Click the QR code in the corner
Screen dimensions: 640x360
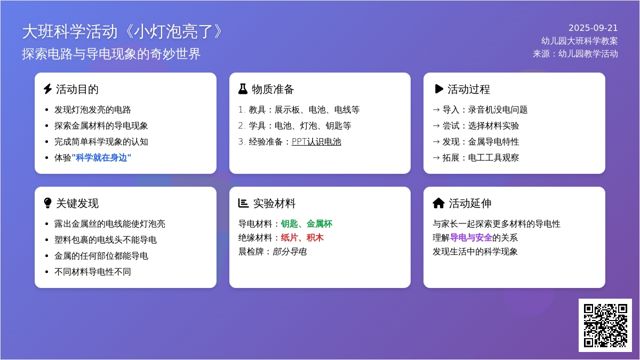click(x=605, y=325)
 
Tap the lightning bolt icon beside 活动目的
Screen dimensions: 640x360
click(x=47, y=89)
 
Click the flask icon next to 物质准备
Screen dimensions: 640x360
click(x=243, y=89)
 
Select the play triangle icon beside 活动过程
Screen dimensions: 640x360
click(x=438, y=89)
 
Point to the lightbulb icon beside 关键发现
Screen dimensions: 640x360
click(x=47, y=203)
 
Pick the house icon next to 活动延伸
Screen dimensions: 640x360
click(x=438, y=203)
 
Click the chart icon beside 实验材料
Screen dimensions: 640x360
click(x=243, y=203)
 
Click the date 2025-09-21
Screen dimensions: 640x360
click(x=593, y=28)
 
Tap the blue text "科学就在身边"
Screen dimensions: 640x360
click(x=101, y=157)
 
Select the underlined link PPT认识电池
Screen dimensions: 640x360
click(x=316, y=141)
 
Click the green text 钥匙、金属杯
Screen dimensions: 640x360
click(x=307, y=223)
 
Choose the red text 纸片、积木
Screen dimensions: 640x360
click(x=302, y=237)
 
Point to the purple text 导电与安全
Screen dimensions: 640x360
click(x=471, y=237)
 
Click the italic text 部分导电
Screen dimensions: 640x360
click(x=290, y=251)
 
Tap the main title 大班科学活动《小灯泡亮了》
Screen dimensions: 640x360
click(x=123, y=31)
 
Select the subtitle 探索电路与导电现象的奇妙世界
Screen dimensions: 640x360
click(x=111, y=54)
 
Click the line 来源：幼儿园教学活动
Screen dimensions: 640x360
click(x=575, y=54)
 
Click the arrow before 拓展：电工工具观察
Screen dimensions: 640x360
click(x=436, y=158)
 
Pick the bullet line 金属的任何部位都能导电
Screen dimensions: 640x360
click(x=101, y=255)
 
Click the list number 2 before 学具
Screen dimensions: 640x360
click(x=242, y=125)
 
